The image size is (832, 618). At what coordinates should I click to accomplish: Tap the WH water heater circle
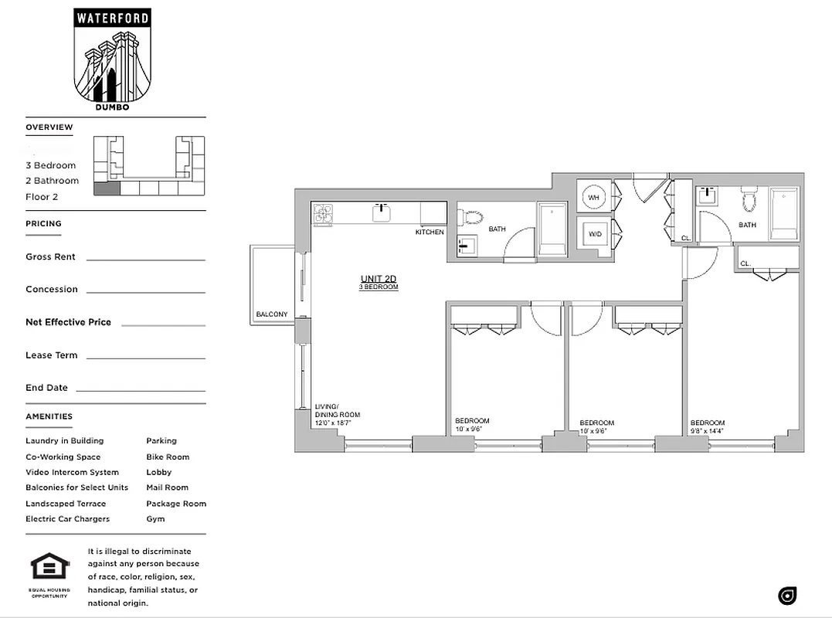pos(594,198)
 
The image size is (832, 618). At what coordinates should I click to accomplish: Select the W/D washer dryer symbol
pos(594,233)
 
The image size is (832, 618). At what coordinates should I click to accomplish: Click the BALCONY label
pos(272,314)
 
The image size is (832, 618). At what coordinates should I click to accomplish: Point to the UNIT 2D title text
pos(378,279)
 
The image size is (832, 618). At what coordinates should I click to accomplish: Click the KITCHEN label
pos(430,232)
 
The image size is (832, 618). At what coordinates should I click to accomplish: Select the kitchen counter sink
pos(381,212)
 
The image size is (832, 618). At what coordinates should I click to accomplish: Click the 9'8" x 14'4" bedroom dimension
pos(708,431)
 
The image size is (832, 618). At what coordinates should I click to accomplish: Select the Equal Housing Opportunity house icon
pos(50,567)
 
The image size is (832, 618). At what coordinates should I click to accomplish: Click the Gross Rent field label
pos(50,256)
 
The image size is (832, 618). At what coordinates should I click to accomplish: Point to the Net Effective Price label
pos(68,322)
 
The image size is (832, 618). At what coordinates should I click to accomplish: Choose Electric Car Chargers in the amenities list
pos(67,519)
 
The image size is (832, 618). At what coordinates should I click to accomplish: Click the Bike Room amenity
pos(168,457)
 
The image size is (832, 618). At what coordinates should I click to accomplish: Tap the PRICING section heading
pos(43,223)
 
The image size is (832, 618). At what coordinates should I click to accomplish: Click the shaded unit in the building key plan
pos(107,188)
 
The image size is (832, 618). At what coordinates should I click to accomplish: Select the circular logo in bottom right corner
pos(787,596)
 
